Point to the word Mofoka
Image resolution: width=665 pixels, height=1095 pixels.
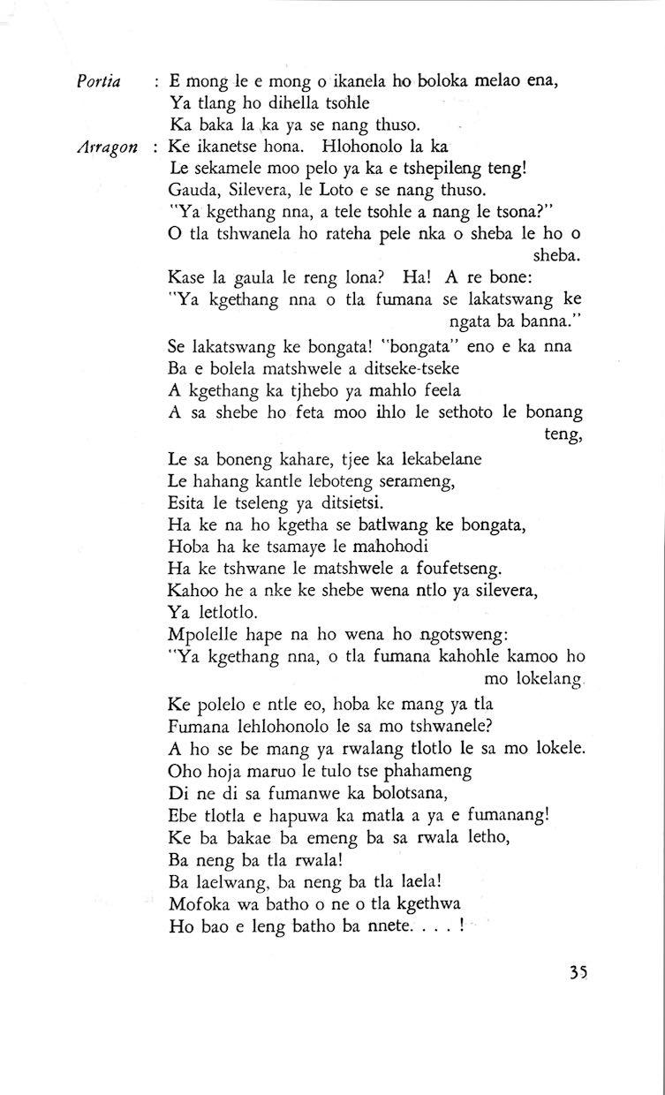pos(197,905)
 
